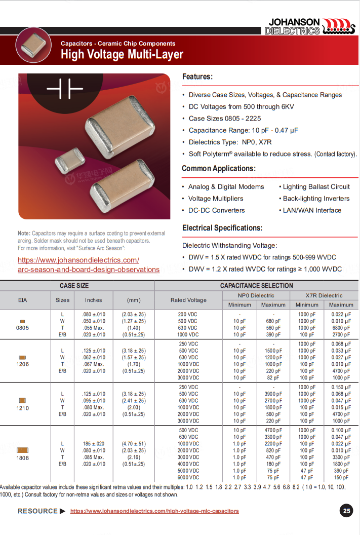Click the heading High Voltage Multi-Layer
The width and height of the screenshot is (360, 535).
pos(122,55)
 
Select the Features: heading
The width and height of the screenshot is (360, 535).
pos(197,77)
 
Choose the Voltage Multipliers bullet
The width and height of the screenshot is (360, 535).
pos(216,199)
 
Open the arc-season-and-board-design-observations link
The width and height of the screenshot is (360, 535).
pos(89,270)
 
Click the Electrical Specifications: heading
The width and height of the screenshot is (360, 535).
pos(222,228)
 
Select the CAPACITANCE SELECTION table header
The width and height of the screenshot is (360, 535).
pos(256,286)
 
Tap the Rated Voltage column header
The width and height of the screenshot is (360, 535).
pos(188,300)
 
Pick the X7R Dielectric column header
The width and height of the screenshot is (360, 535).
pos(324,295)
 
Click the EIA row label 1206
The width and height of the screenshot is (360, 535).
pos(23,364)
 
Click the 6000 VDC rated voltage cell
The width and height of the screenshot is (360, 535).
pos(188,477)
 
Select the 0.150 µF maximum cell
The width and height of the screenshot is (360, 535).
pos(341,388)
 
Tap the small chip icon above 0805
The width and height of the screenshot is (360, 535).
pos(23,321)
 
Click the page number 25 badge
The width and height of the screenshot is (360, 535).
pos(347,511)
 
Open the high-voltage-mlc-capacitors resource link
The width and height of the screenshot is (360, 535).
pos(154,511)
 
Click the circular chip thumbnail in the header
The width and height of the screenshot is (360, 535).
pos(34,44)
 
